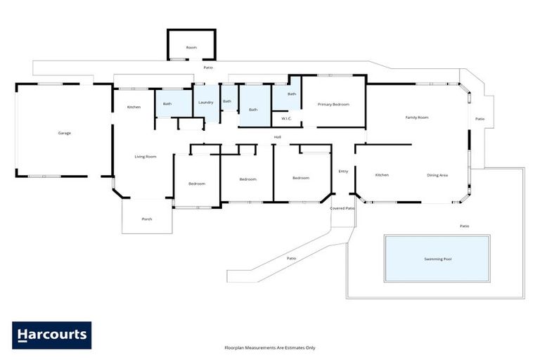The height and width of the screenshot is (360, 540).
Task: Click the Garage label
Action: click(x=64, y=133)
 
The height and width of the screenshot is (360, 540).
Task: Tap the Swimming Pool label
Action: click(x=437, y=259)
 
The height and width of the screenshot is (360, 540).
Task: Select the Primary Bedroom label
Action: click(x=333, y=104)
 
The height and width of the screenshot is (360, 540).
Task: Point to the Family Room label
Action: click(x=417, y=117)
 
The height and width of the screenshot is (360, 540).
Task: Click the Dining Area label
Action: click(x=437, y=175)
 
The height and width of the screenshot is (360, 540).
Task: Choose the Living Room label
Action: click(x=146, y=156)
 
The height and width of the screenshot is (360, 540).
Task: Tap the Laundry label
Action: click(x=205, y=103)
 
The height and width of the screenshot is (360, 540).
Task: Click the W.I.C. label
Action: click(x=286, y=118)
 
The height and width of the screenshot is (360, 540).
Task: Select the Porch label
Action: click(x=147, y=219)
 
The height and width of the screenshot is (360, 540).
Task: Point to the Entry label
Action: click(x=343, y=171)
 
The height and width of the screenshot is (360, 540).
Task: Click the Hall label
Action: click(x=278, y=136)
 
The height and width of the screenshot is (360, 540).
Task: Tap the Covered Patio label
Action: click(x=342, y=208)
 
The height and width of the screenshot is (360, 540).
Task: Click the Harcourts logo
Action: click(x=51, y=335)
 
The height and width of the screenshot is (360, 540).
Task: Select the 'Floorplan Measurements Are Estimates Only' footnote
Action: click(x=270, y=347)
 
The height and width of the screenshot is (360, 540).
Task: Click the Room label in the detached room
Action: click(x=191, y=47)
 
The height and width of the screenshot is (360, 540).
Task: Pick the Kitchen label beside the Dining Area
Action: click(x=382, y=175)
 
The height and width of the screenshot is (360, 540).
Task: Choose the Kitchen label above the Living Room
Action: click(x=134, y=107)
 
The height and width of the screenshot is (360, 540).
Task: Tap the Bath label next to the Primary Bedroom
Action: click(x=292, y=94)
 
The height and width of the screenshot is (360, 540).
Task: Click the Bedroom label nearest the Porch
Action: click(x=197, y=184)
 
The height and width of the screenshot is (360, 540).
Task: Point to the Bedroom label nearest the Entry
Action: click(x=301, y=178)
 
